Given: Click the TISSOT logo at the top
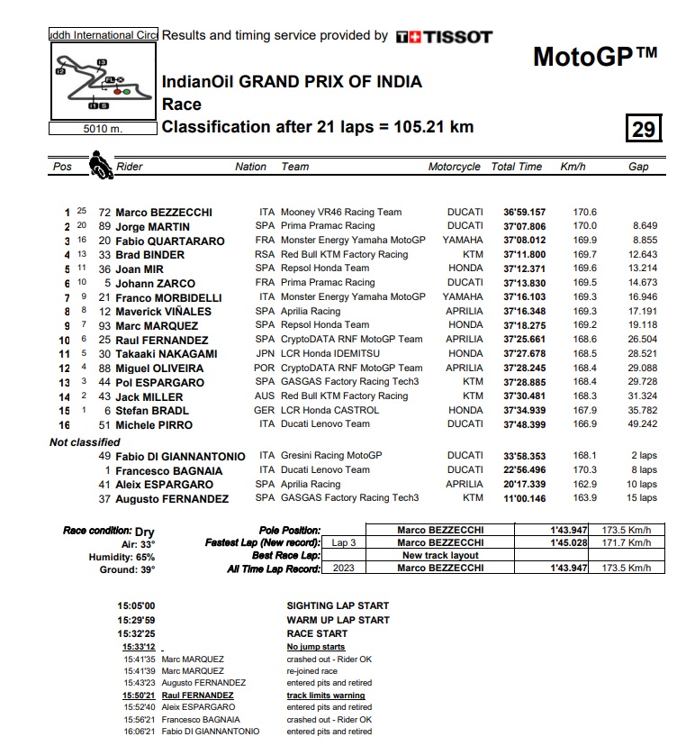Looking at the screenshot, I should (x=445, y=37).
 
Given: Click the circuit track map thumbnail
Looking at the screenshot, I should (x=102, y=81).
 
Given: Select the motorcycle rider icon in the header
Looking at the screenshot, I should (x=97, y=166).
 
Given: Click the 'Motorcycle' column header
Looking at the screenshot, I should (x=455, y=167).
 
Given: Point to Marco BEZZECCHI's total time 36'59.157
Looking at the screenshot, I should (x=524, y=213).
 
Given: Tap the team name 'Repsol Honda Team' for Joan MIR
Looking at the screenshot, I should (x=325, y=268).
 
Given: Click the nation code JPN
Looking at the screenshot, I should (x=266, y=354).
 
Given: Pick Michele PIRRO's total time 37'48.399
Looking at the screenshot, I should (x=524, y=424).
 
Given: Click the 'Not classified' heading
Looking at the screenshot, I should (x=85, y=442).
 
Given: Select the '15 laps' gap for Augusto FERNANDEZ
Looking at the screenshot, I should (x=643, y=498).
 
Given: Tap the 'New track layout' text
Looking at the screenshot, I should (x=441, y=556).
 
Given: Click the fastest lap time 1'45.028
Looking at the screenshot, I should (x=569, y=543).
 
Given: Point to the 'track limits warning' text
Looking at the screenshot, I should (x=326, y=696).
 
